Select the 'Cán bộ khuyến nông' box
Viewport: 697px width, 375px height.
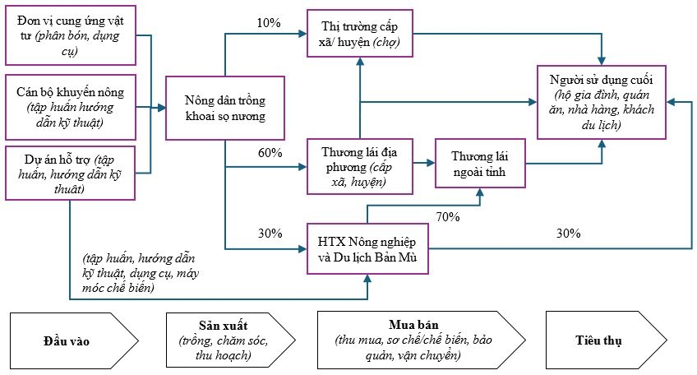click(72, 105)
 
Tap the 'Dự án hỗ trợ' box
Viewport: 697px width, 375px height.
click(72, 173)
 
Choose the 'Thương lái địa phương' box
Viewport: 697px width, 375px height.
click(358, 167)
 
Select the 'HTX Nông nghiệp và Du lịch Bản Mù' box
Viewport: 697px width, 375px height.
click(367, 248)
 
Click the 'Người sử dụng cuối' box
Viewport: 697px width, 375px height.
click(603, 102)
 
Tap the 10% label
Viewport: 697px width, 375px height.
click(269, 22)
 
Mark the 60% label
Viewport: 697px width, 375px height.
click(269, 153)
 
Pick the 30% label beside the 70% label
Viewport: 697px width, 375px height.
click(568, 233)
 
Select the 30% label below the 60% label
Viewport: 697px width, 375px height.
click(269, 234)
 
